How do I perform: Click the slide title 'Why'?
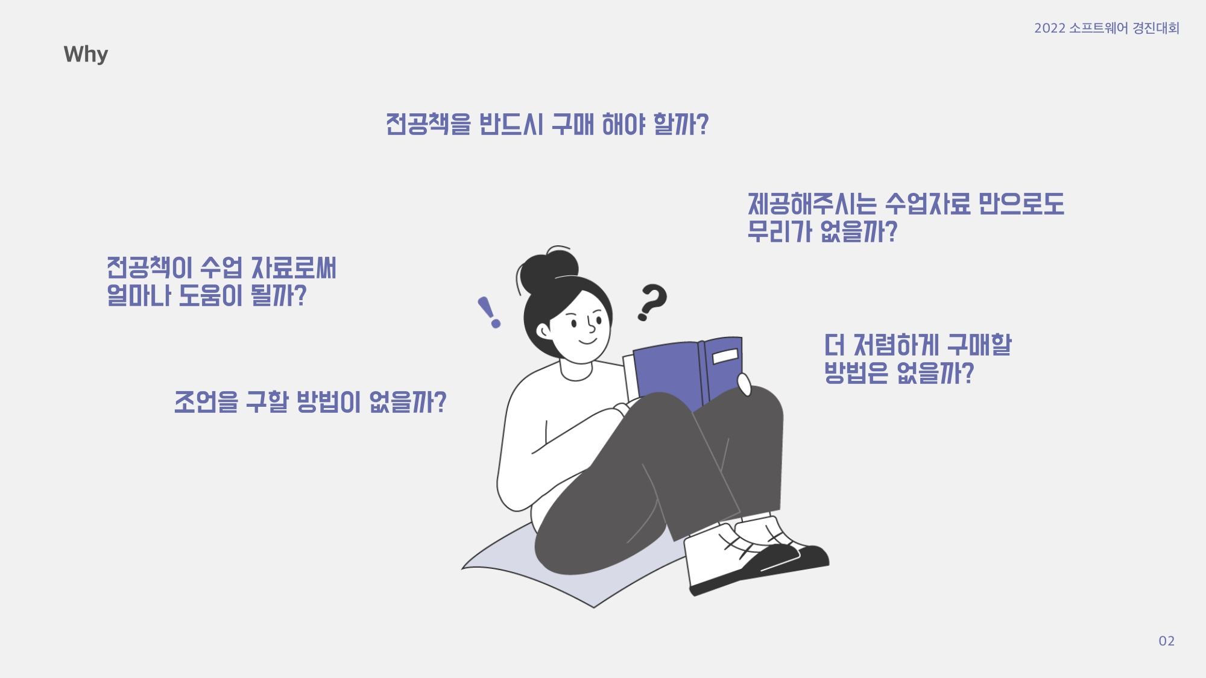86,54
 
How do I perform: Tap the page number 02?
1166,641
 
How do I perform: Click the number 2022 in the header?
1050,28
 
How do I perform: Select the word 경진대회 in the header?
1156,28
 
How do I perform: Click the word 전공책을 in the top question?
428,124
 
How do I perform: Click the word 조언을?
206,402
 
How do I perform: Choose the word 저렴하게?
896,345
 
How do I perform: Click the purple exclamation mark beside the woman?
489,312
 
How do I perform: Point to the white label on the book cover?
725,356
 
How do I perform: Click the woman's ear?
544,330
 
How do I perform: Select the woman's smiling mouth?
588,341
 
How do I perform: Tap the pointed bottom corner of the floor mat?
594,607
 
